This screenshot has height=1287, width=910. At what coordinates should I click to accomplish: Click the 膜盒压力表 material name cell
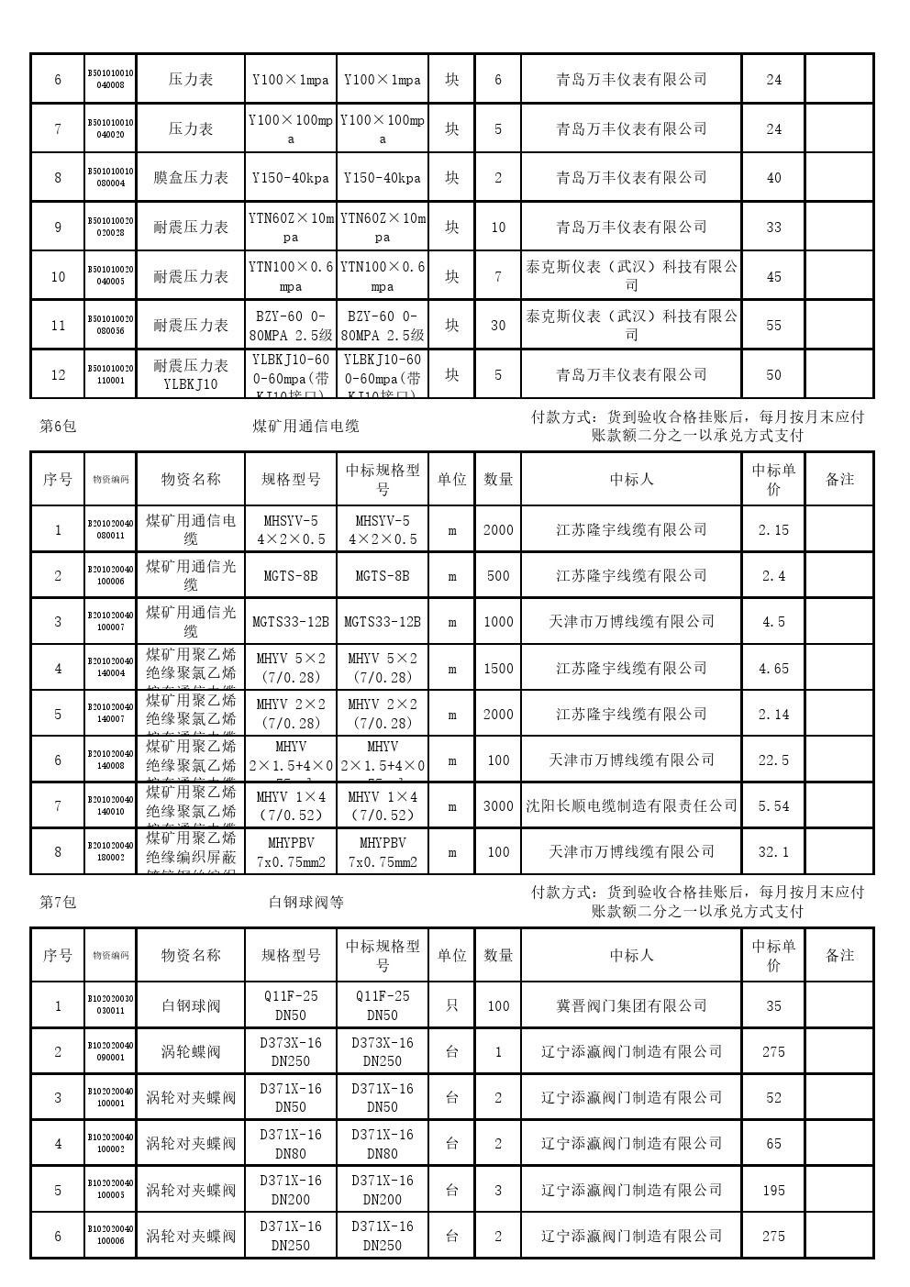(191, 178)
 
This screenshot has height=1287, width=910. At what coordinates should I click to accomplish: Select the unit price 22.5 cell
(773, 760)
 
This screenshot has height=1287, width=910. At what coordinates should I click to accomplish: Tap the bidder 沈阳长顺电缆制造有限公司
(631, 806)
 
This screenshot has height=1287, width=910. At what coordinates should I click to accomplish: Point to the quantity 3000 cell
(498, 806)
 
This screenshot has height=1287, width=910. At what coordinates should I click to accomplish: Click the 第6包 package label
(58, 427)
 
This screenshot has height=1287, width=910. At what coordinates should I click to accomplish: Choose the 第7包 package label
(58, 903)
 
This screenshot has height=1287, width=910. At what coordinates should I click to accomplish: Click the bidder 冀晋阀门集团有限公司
(631, 1006)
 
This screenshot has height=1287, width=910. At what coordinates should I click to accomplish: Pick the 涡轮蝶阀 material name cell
(191, 1052)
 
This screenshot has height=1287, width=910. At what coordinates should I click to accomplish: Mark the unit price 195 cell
(773, 1191)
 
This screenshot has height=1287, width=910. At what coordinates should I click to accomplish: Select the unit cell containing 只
(451, 1006)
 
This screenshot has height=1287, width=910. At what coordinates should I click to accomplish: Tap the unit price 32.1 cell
(773, 852)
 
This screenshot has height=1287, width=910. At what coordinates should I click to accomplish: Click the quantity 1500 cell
(498, 669)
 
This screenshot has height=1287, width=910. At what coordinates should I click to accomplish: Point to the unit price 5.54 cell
(773, 806)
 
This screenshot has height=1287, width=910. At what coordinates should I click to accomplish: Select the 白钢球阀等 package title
(306, 903)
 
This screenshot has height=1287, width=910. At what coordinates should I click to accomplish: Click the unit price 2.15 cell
(773, 530)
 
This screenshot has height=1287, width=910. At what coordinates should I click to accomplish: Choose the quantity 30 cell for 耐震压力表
(498, 326)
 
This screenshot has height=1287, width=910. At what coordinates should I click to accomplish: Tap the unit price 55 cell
(773, 326)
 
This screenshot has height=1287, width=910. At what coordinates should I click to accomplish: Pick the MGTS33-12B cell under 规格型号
(291, 622)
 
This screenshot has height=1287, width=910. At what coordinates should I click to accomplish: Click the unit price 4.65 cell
(773, 669)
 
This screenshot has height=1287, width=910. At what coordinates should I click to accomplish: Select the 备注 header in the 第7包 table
(839, 956)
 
